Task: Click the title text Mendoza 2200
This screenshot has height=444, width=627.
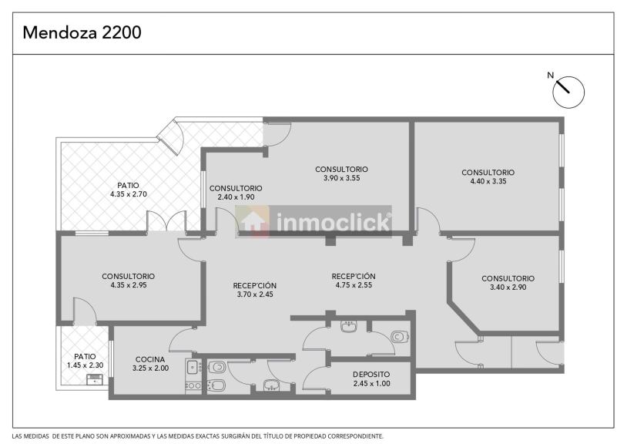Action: (x=82, y=32)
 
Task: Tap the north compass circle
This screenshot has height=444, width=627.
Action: (x=568, y=92)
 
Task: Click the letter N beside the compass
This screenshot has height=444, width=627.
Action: (x=551, y=75)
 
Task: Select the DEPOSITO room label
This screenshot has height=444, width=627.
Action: (x=371, y=375)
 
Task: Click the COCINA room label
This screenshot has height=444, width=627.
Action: (x=150, y=359)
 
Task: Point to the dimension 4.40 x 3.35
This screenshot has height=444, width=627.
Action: (x=488, y=181)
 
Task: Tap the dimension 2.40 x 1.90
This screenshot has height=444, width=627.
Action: (x=236, y=197)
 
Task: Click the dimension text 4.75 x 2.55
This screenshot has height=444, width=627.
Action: (x=354, y=284)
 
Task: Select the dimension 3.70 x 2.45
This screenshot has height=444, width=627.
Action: (x=255, y=294)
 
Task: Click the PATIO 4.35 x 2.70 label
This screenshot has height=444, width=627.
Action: (x=129, y=190)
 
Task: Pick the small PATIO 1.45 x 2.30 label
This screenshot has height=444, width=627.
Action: (x=85, y=361)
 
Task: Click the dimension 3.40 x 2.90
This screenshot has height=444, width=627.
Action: (x=508, y=287)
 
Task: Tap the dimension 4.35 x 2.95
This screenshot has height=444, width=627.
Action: (x=129, y=284)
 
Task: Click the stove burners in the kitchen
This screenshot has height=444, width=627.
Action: (x=193, y=385)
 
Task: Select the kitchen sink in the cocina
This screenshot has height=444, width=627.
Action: (x=193, y=366)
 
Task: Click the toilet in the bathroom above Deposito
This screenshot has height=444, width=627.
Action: (x=400, y=337)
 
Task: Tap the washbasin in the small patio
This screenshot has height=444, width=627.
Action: (x=95, y=379)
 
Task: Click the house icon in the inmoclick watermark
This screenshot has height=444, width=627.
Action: (x=253, y=221)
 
